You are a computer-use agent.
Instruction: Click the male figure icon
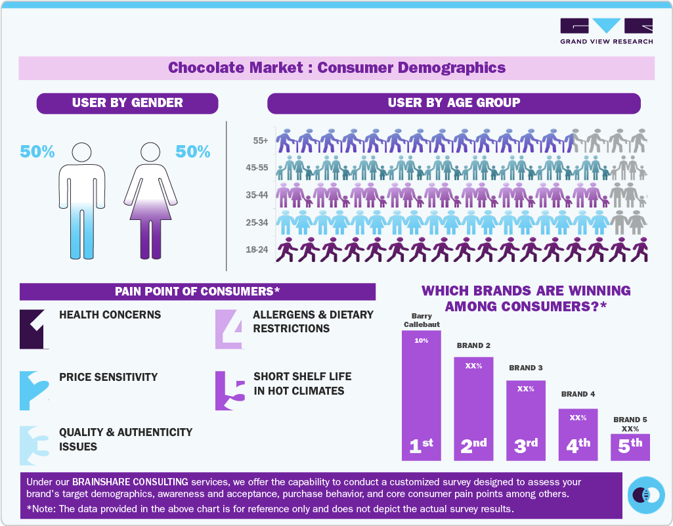point(82,200)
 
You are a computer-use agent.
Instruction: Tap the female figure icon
point(150,200)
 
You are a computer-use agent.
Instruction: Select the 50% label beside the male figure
point(37,152)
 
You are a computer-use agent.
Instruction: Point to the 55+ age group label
point(260,141)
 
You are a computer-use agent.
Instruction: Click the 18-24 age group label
point(257,250)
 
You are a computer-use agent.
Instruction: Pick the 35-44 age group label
point(257,195)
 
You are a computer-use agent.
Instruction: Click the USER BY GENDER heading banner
point(127,103)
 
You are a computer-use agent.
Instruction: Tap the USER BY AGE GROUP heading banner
point(454,103)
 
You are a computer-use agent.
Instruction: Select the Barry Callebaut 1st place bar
point(421,394)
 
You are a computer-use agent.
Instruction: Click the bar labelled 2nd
point(473,407)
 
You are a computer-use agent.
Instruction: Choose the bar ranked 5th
point(630,447)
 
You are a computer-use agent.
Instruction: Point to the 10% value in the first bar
point(421,340)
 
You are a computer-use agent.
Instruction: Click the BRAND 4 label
point(578,394)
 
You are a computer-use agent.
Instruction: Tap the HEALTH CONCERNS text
point(110,315)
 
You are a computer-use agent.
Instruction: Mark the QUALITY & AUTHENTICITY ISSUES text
point(125,439)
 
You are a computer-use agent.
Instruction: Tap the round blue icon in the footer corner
point(646,494)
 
